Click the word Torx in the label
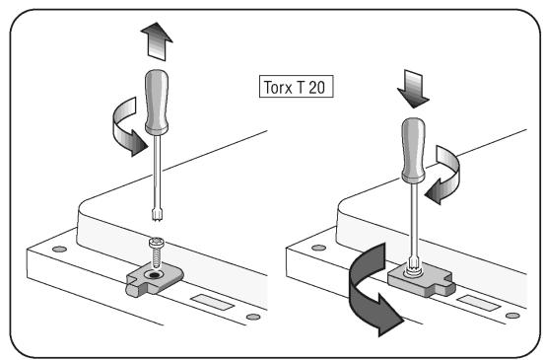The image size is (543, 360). coord(278,87)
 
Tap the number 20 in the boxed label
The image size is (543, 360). coord(316,87)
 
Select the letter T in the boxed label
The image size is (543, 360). coord(300,87)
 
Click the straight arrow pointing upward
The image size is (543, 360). coord(157,41)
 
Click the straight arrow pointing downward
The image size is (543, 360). coord(413,89)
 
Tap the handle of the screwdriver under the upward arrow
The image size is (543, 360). coord(157,103)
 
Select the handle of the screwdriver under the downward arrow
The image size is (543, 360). coord(413,150)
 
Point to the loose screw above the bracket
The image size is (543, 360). coord(157,252)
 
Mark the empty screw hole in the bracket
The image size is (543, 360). coord(154,275)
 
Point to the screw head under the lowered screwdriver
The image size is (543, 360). coord(413,270)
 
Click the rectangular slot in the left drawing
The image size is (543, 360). coord(212,302)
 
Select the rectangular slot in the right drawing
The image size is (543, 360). coord(479,303)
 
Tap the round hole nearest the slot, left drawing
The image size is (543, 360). coord(253,317)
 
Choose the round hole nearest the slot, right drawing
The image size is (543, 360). coord(512,316)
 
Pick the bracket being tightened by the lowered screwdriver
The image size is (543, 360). coord(421,280)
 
